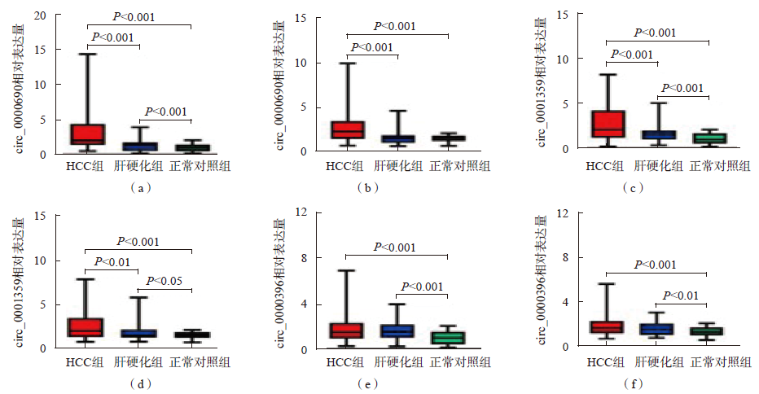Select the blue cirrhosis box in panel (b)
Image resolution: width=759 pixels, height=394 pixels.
click(398, 138)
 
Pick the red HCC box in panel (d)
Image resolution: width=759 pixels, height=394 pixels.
click(86, 327)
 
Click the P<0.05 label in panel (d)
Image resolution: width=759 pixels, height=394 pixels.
click(164, 282)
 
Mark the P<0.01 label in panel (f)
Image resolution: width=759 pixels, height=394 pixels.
click(682, 295)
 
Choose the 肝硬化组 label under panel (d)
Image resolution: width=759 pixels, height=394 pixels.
click(138, 361)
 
